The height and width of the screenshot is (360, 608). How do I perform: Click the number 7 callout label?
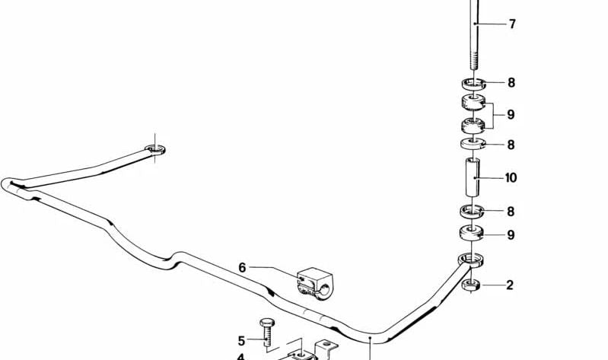(x=512, y=24)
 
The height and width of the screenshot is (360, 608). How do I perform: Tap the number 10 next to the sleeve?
(x=511, y=178)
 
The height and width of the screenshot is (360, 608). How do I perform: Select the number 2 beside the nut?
(x=510, y=285)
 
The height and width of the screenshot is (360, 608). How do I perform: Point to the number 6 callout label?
(x=242, y=268)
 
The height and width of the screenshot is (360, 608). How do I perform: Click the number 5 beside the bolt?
(x=241, y=341)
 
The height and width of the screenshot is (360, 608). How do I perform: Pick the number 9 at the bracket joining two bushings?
(x=511, y=115)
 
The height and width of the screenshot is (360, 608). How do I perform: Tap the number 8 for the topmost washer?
(x=511, y=83)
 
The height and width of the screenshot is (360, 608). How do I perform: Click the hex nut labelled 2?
(x=471, y=285)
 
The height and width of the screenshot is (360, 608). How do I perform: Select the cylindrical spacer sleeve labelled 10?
(x=473, y=177)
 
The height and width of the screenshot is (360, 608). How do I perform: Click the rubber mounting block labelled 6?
(x=315, y=284)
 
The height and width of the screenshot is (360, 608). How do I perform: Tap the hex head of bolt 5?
(x=267, y=322)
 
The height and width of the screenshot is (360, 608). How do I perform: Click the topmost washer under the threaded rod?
(x=473, y=84)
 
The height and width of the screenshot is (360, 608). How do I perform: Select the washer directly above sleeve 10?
(x=473, y=144)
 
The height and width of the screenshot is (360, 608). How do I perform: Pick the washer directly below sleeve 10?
(x=473, y=211)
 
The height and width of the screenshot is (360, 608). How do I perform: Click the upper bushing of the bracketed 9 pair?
(x=473, y=102)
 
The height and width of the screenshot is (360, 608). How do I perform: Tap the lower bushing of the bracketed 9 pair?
(x=473, y=126)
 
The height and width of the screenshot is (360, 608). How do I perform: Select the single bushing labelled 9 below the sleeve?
(x=472, y=233)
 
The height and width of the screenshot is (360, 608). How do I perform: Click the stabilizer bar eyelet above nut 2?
(x=471, y=260)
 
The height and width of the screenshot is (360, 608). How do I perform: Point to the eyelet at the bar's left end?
(x=155, y=149)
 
